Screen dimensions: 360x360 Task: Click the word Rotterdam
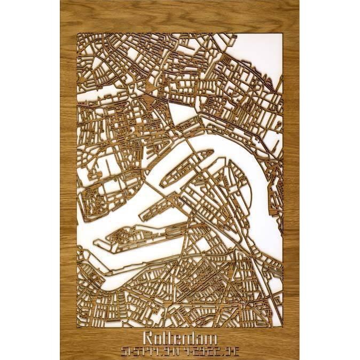[179, 339]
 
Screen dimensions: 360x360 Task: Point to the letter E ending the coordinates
[234, 351]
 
